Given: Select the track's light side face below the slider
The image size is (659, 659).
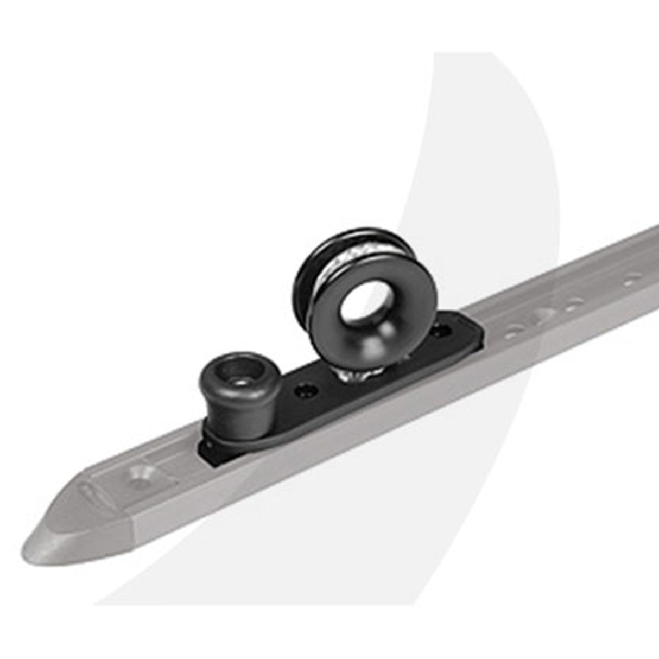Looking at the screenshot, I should coord(326,461).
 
